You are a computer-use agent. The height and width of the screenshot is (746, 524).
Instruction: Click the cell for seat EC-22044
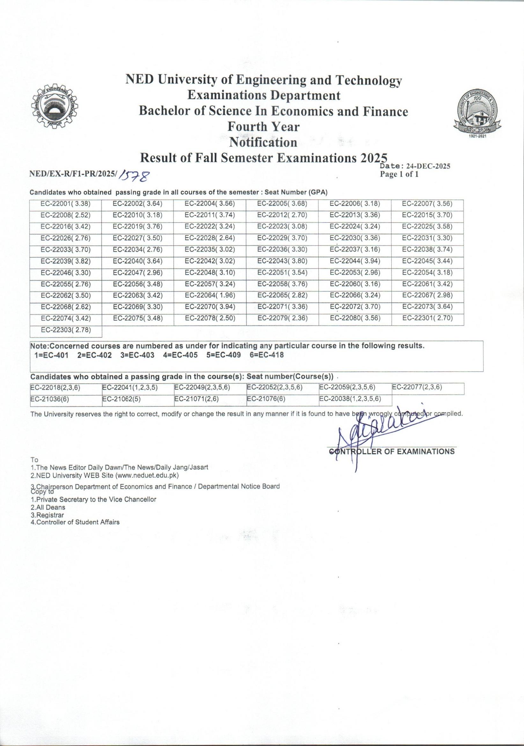pyautogui.click(x=355, y=261)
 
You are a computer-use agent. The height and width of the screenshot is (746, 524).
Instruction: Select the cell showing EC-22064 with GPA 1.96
pyautogui.click(x=210, y=295)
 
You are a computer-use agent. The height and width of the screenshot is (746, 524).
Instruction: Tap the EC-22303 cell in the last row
pyautogui.click(x=66, y=330)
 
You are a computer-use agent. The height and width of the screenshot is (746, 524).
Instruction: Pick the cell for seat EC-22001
pyautogui.click(x=66, y=204)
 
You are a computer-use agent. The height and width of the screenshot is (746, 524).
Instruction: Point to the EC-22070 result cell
pyautogui.click(x=210, y=307)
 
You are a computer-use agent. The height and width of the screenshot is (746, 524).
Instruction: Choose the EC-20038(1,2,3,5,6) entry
pyautogui.click(x=350, y=399)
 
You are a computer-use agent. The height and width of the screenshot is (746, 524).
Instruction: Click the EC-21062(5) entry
pyautogui.click(x=121, y=399)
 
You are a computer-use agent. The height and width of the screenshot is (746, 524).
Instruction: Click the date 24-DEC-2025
pyautogui.click(x=428, y=167)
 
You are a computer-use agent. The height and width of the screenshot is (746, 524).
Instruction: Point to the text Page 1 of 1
pyautogui.click(x=399, y=174)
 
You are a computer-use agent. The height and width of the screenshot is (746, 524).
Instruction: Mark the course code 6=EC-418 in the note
pyautogui.click(x=267, y=355)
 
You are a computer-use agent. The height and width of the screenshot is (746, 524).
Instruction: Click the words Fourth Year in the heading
pyautogui.click(x=263, y=126)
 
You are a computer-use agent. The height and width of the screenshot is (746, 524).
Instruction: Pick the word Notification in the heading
pyautogui.click(x=263, y=142)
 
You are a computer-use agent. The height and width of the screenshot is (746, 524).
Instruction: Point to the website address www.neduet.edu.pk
pyautogui.click(x=149, y=475)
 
